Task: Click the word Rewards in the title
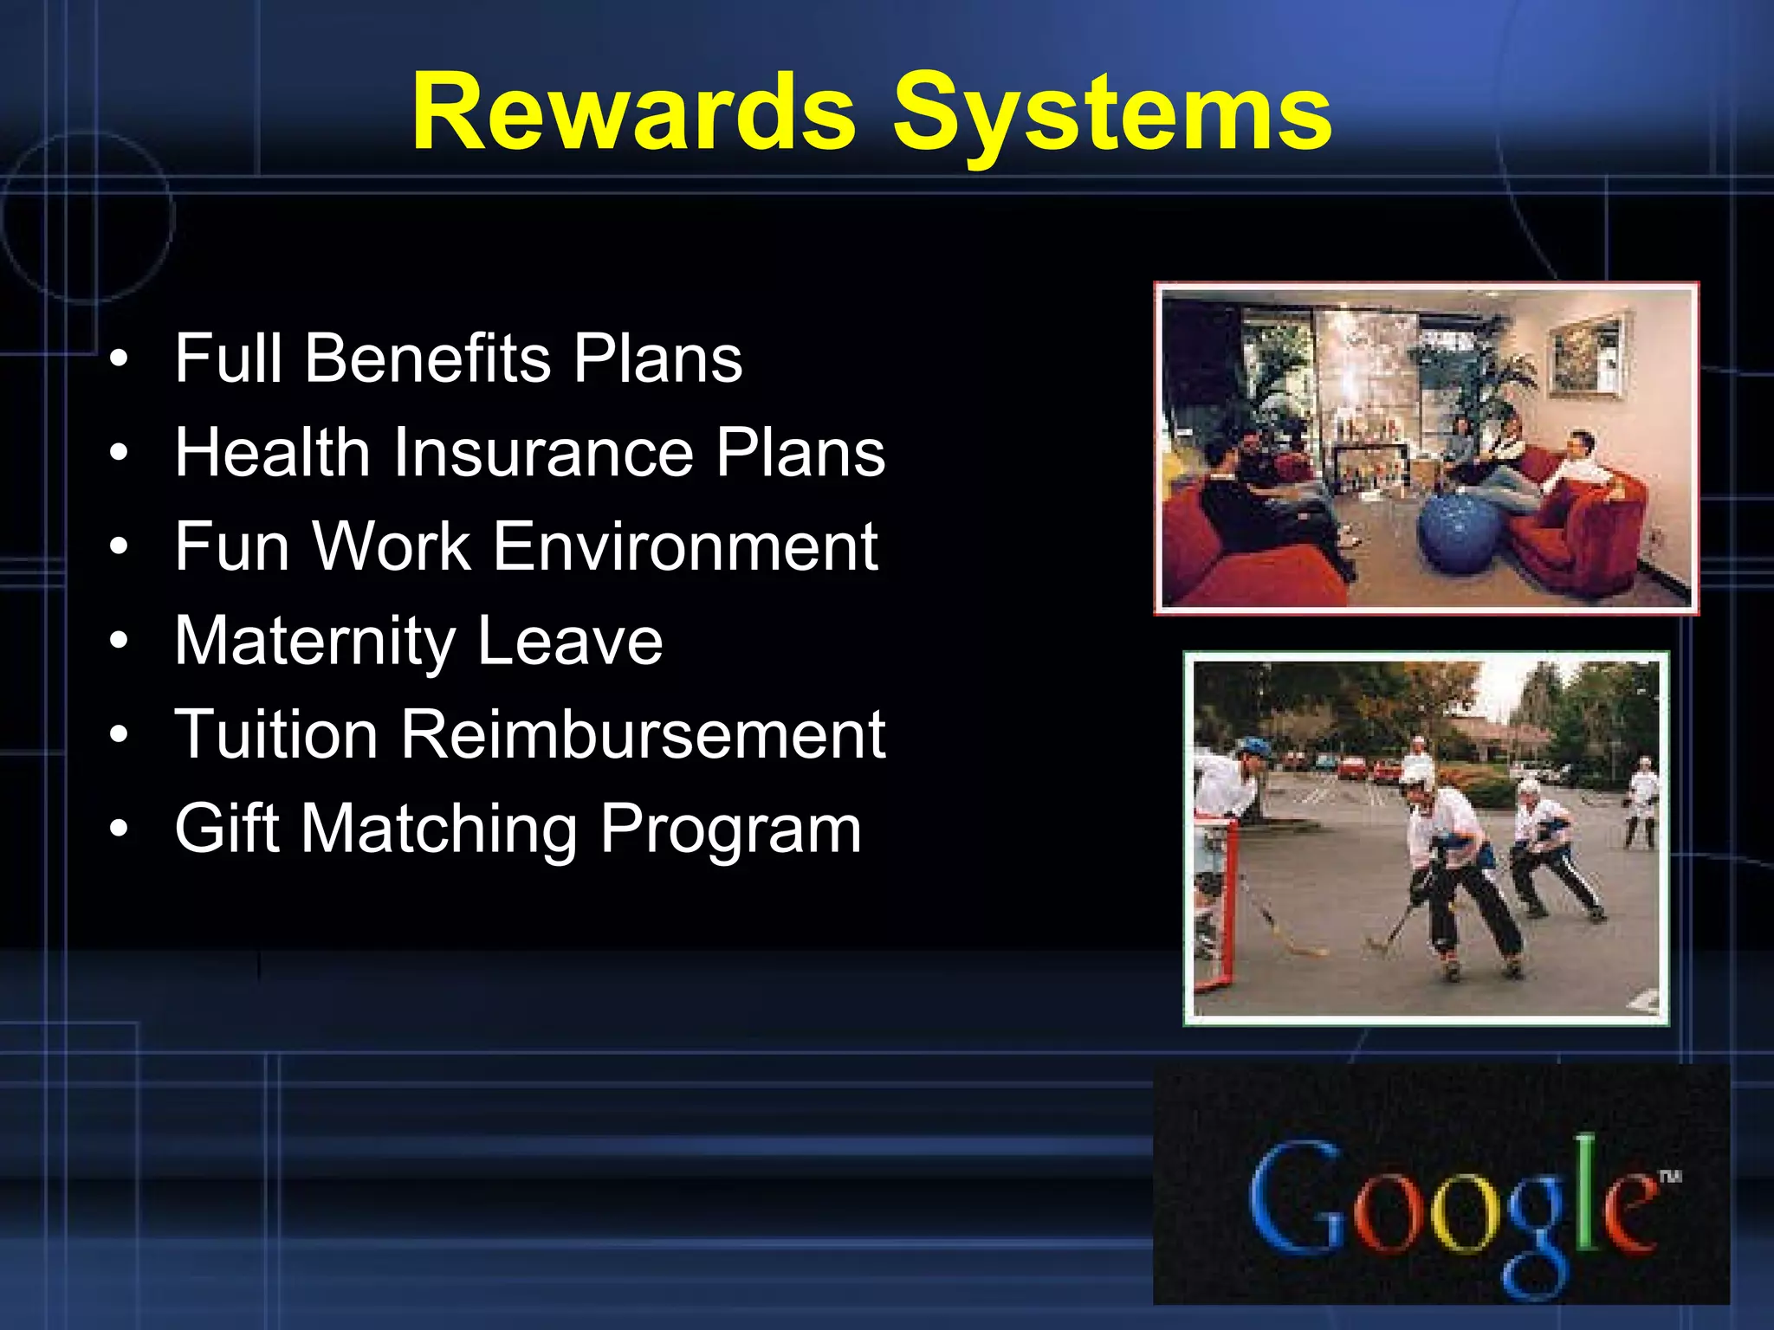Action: (x=634, y=113)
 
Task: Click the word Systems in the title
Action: (x=1112, y=114)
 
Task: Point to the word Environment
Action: (x=685, y=546)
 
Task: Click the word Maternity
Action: (x=314, y=641)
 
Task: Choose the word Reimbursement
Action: (x=642, y=734)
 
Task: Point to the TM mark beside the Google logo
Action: (x=1669, y=1176)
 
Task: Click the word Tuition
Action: (x=276, y=734)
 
